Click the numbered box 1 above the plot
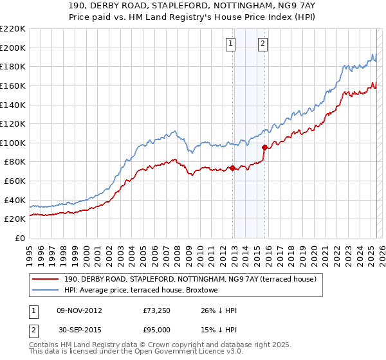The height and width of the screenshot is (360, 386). pos(230,44)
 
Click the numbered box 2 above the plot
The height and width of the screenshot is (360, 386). pos(264,44)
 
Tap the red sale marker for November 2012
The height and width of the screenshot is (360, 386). pos(232,168)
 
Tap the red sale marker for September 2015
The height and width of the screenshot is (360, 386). pos(264,147)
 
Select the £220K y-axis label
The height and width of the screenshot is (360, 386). pos(13,29)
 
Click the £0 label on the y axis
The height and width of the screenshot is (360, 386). pos(19,238)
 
